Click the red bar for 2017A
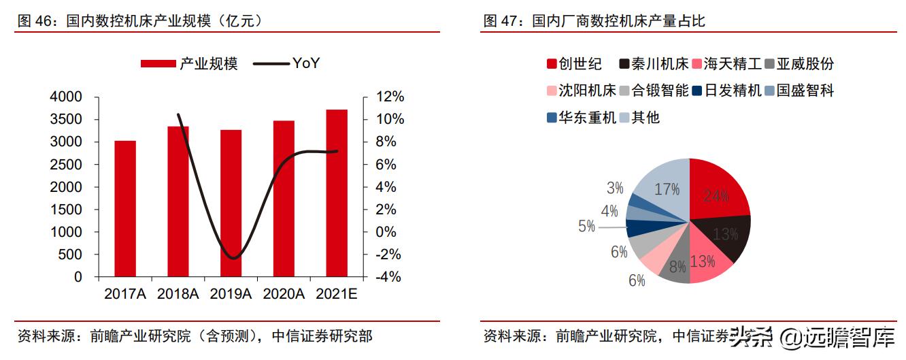125,209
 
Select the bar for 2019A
231,203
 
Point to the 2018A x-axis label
178,294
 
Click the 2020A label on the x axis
284,294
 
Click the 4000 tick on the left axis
66,97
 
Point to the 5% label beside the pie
587,227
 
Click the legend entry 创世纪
574,64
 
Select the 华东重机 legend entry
581,117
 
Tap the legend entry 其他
639,117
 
